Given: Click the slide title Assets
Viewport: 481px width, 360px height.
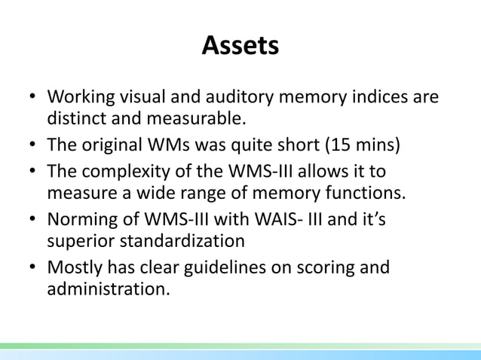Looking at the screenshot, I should pos(240,47).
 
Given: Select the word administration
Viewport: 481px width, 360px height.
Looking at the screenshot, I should pos(108,287).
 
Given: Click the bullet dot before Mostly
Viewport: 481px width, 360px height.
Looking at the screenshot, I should pos(33,268).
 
